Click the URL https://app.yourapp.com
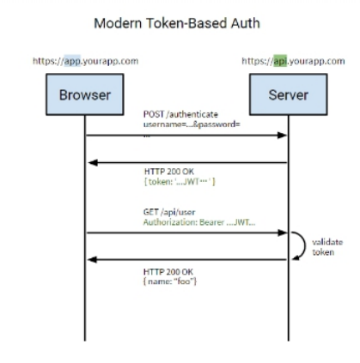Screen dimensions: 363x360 84,63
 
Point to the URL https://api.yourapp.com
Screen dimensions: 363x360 288,63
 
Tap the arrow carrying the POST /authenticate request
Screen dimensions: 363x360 186,136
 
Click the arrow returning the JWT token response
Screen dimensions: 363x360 186,162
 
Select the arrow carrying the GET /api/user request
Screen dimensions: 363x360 186,232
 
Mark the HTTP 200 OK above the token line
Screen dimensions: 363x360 165,172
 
